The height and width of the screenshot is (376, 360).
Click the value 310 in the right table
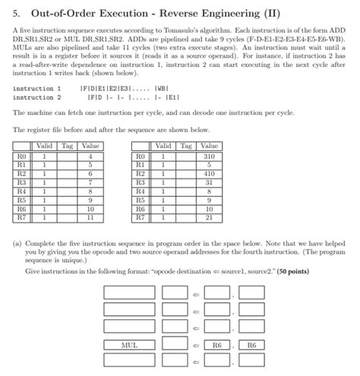point(209,156)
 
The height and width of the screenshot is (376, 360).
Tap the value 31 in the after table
point(209,182)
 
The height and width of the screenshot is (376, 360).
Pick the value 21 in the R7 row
point(209,216)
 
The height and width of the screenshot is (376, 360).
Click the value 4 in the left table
point(90,156)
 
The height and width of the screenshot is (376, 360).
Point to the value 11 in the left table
point(90,216)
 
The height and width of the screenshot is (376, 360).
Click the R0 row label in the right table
point(140,156)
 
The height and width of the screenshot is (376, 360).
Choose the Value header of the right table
point(209,146)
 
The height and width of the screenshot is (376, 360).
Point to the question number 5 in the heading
point(16,11)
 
